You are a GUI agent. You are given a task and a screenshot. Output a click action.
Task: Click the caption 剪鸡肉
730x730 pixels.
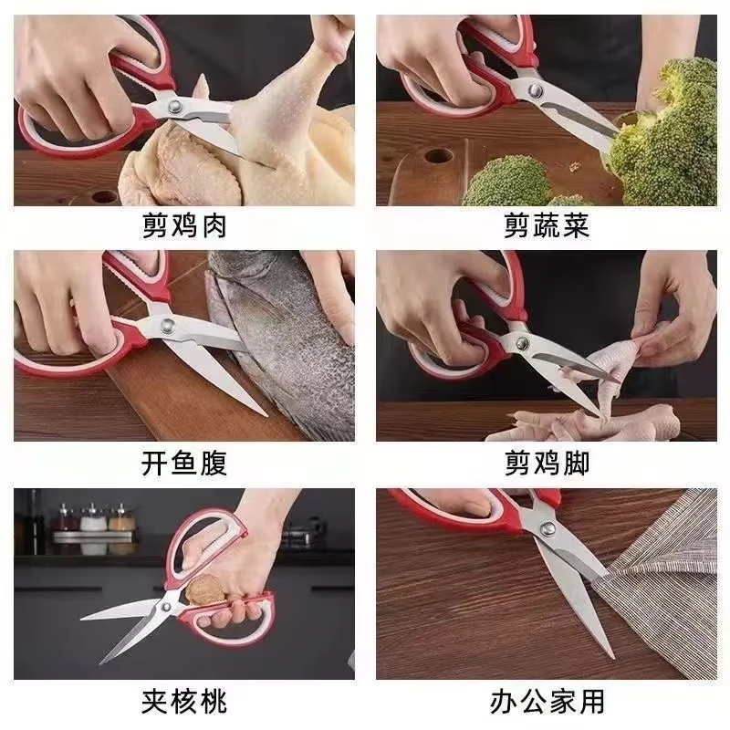click(184, 224)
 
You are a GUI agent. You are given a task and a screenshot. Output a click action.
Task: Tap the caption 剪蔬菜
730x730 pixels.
click(547, 224)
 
